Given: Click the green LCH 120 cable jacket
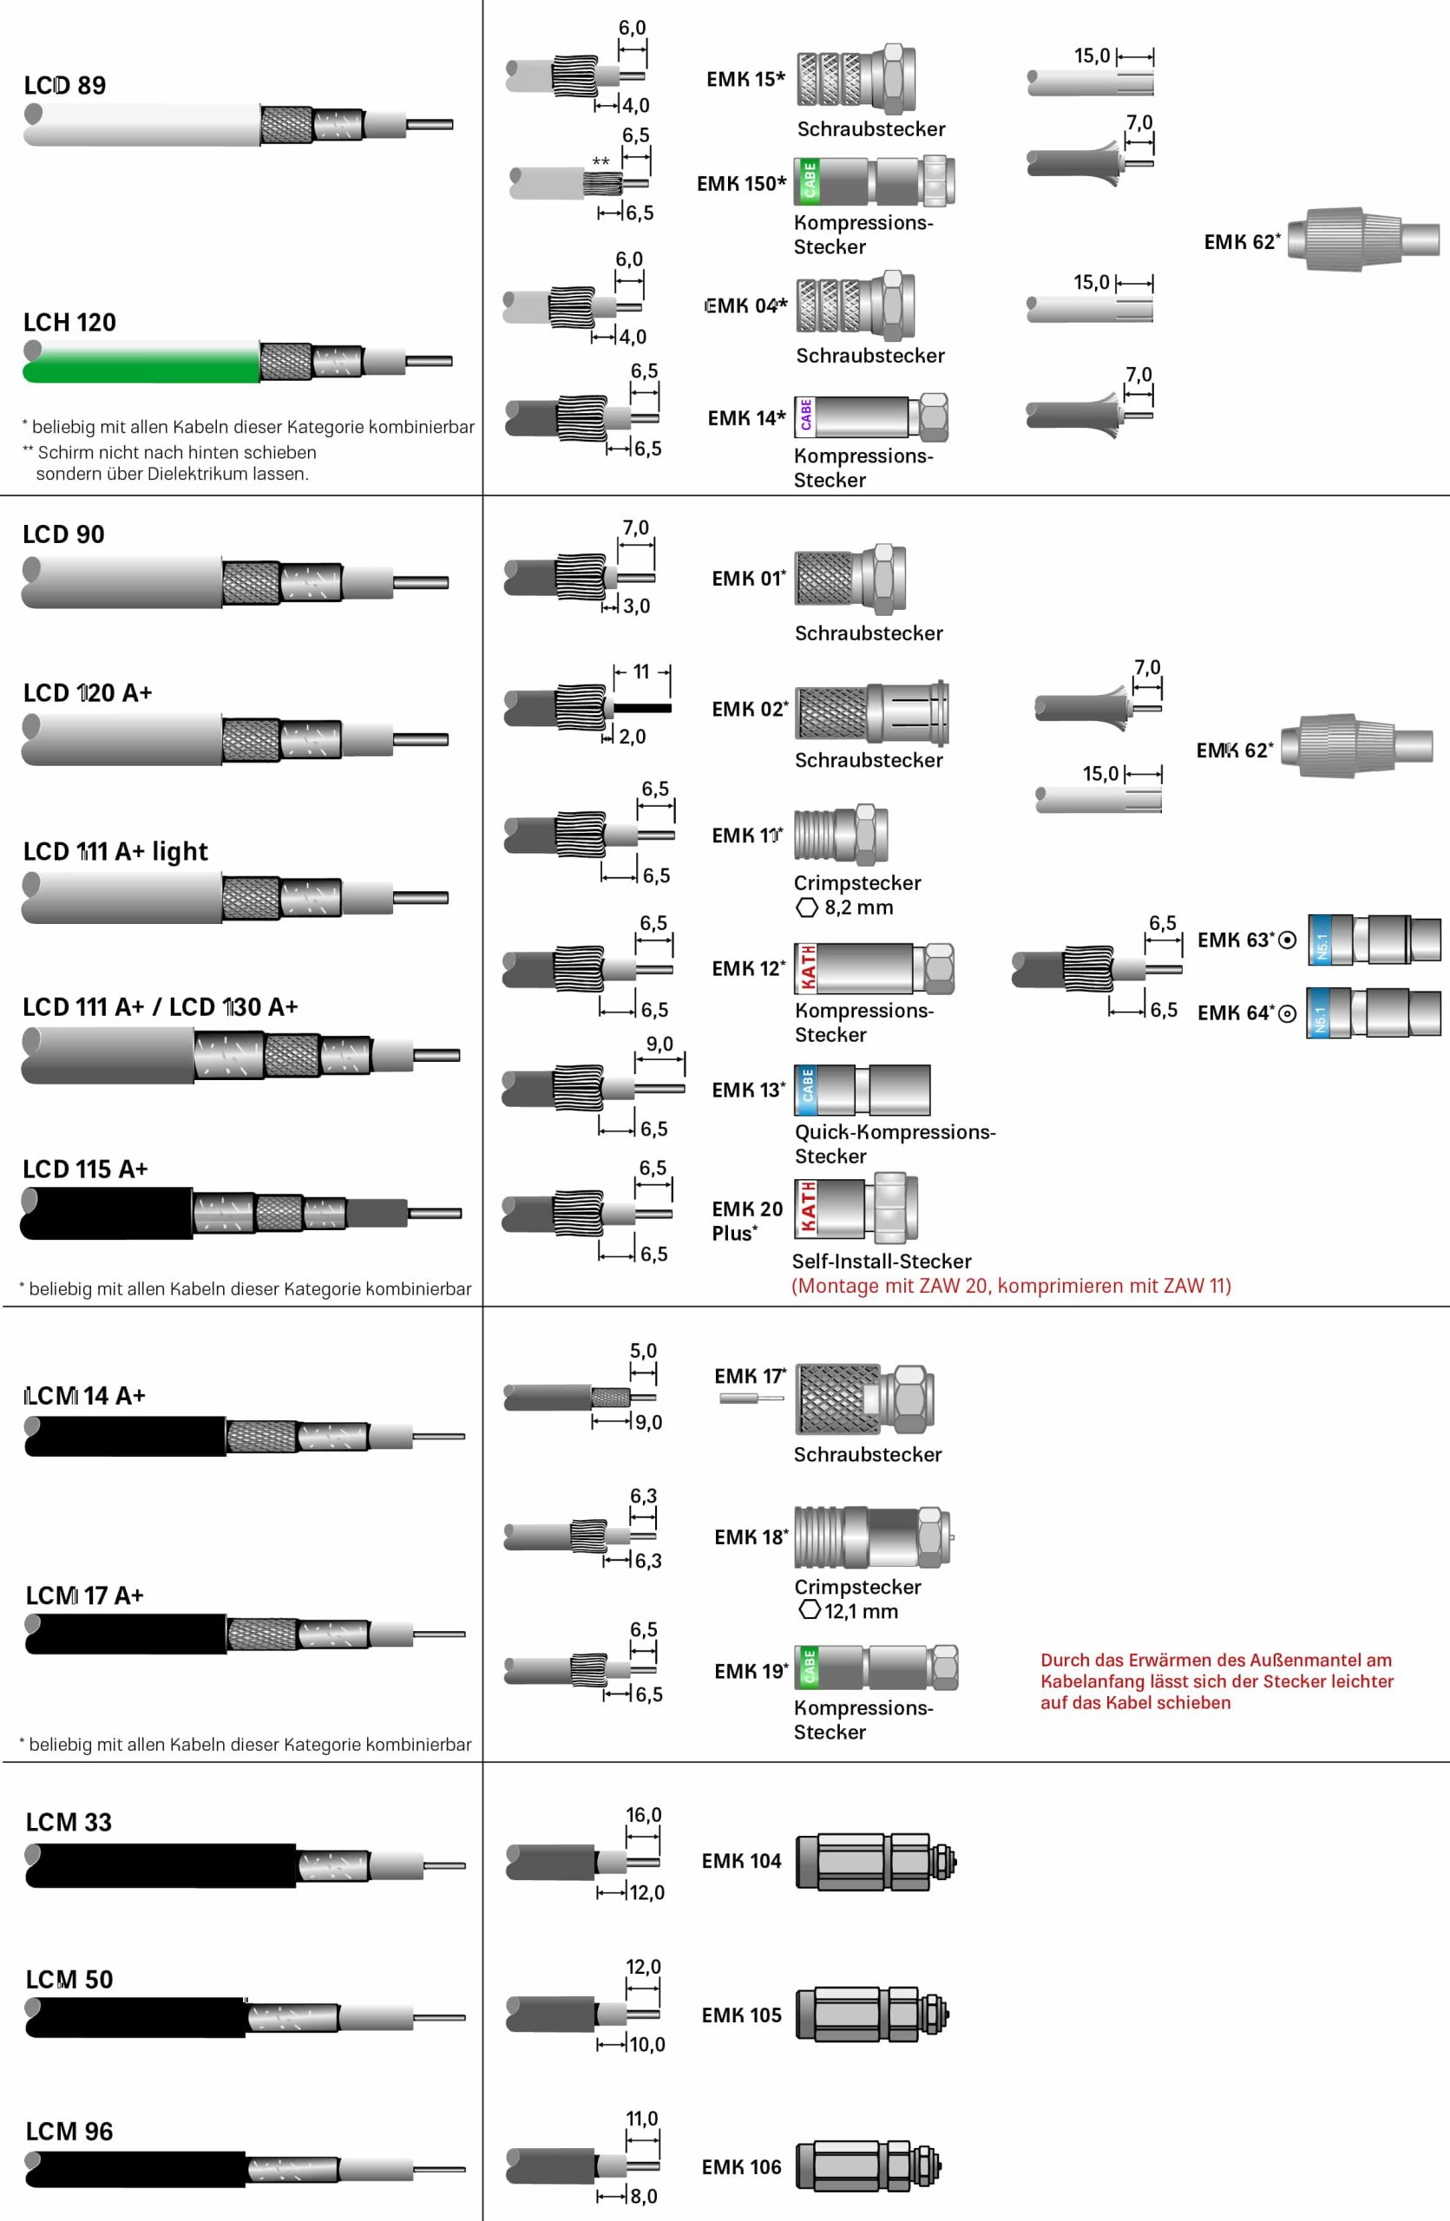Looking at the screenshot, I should coord(140,362).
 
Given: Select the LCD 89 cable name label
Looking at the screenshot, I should coord(64,86).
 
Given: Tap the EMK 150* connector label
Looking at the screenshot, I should coord(742,184).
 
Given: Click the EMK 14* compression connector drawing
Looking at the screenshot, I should coord(871,416).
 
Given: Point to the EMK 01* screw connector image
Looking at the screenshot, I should coord(850,577).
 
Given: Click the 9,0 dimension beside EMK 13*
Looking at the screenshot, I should coord(659,1045).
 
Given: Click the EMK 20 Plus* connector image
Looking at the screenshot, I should coord(856,1208).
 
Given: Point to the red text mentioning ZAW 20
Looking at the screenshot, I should coord(1011,1286).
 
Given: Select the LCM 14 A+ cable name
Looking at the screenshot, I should coord(85,1396).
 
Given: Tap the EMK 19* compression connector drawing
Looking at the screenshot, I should coord(876,1667).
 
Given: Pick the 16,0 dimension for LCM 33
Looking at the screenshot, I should coord(643,1815).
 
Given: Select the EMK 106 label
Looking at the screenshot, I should coord(741,2167).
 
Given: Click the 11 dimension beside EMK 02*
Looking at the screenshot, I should coord(641,672).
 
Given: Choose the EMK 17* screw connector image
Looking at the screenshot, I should coord(865,1399).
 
